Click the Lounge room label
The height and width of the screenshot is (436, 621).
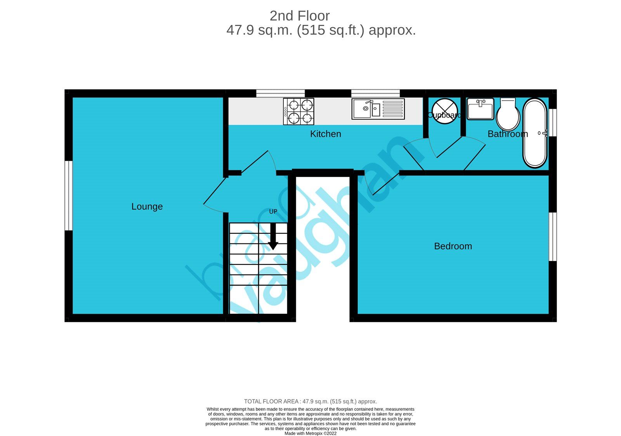[x=147, y=207]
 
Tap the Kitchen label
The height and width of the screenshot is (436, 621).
[x=325, y=134]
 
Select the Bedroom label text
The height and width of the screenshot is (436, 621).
[x=453, y=246]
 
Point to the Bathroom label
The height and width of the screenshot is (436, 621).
[x=507, y=134]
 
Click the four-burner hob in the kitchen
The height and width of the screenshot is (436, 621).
[x=298, y=111]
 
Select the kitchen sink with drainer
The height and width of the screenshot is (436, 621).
[x=378, y=109]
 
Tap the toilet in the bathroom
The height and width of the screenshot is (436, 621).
[x=508, y=114]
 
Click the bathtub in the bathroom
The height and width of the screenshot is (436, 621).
[x=535, y=133]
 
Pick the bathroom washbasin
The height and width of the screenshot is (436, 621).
[x=480, y=109]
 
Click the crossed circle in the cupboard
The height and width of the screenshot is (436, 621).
[x=444, y=111]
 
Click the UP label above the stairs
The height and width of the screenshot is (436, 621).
[x=273, y=212]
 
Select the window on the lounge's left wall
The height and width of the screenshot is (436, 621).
[x=68, y=196]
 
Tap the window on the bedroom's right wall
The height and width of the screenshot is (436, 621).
[x=553, y=236]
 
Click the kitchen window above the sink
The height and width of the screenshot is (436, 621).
[x=375, y=93]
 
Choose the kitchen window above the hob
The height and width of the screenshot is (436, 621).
[x=280, y=93]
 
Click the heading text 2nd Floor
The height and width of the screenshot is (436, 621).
[x=300, y=16]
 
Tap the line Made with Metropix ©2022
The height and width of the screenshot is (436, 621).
[x=310, y=433]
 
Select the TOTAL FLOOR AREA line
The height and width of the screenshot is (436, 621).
[x=310, y=401]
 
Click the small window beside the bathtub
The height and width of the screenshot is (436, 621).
[x=553, y=122]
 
